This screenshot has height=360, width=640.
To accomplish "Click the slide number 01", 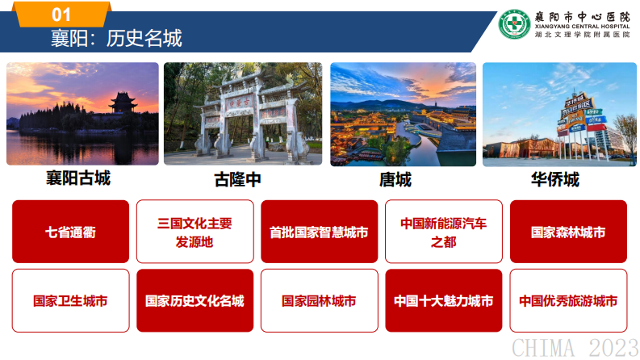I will click(61, 15).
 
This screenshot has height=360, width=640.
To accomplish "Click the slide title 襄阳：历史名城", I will click(116, 38).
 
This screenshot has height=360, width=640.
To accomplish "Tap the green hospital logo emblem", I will click(515, 24).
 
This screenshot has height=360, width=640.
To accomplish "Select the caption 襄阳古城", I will click(77, 178).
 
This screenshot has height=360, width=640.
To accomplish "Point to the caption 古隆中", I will click(237, 179).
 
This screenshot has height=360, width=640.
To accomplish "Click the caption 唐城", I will click(395, 179).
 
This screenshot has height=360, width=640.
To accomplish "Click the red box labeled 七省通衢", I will click(70, 232).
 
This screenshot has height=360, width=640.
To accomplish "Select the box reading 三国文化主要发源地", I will click(195, 232).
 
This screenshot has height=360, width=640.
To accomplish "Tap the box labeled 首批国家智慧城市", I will click(319, 232).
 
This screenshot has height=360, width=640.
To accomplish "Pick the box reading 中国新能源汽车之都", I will click(443, 232).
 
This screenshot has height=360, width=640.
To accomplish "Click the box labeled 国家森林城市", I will click(568, 232).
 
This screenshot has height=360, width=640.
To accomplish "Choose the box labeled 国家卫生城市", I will click(70, 301).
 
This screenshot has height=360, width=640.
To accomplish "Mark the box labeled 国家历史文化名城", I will click(195, 301).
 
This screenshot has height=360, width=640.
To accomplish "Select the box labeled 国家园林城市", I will click(319, 301).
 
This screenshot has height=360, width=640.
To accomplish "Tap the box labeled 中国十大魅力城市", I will click(443, 301).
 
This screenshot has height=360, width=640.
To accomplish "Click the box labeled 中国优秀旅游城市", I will click(568, 301).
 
